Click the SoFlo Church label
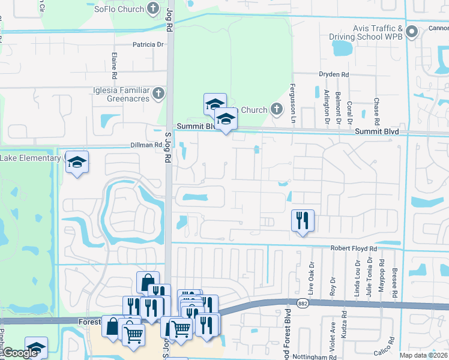point(119,9)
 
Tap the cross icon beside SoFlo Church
point(153,8)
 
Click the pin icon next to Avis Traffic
point(411,32)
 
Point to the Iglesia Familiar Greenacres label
point(126,93)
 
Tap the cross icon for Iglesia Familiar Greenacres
point(158,93)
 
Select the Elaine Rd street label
point(113,66)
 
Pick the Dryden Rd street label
point(333,74)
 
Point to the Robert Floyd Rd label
point(353,248)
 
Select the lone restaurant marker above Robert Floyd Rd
point(303,220)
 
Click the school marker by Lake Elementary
point(77,161)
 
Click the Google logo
point(21,353)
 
